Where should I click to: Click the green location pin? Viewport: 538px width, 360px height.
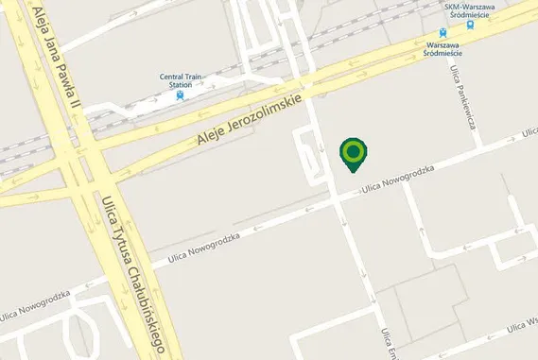(x=354, y=152)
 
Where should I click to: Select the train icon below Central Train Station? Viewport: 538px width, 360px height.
(x=180, y=95)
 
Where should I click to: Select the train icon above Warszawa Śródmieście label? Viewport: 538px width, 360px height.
(x=443, y=33)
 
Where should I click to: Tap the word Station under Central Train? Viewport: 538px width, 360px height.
(x=180, y=85)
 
